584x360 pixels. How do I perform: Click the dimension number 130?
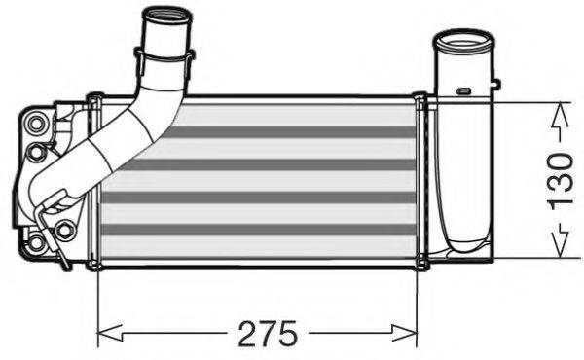point(559,180)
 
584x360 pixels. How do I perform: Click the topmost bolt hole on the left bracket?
point(37,123)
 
